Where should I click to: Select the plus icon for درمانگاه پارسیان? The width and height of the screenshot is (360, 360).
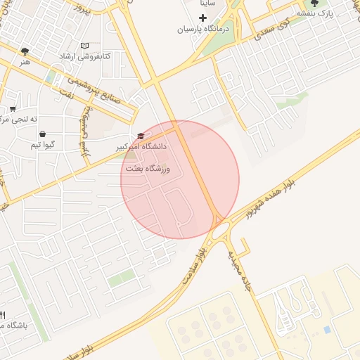click(203, 17)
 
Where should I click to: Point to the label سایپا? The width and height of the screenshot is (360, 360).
click(211, 4)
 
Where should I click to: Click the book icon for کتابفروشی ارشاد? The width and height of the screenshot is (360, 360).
click(85, 46)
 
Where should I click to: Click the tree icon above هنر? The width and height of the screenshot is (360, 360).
click(25, 51)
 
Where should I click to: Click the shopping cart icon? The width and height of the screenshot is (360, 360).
click(13, 109)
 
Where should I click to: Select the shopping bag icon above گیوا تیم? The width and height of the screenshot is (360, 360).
click(43, 134)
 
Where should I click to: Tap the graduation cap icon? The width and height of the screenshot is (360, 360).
click(140, 136)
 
